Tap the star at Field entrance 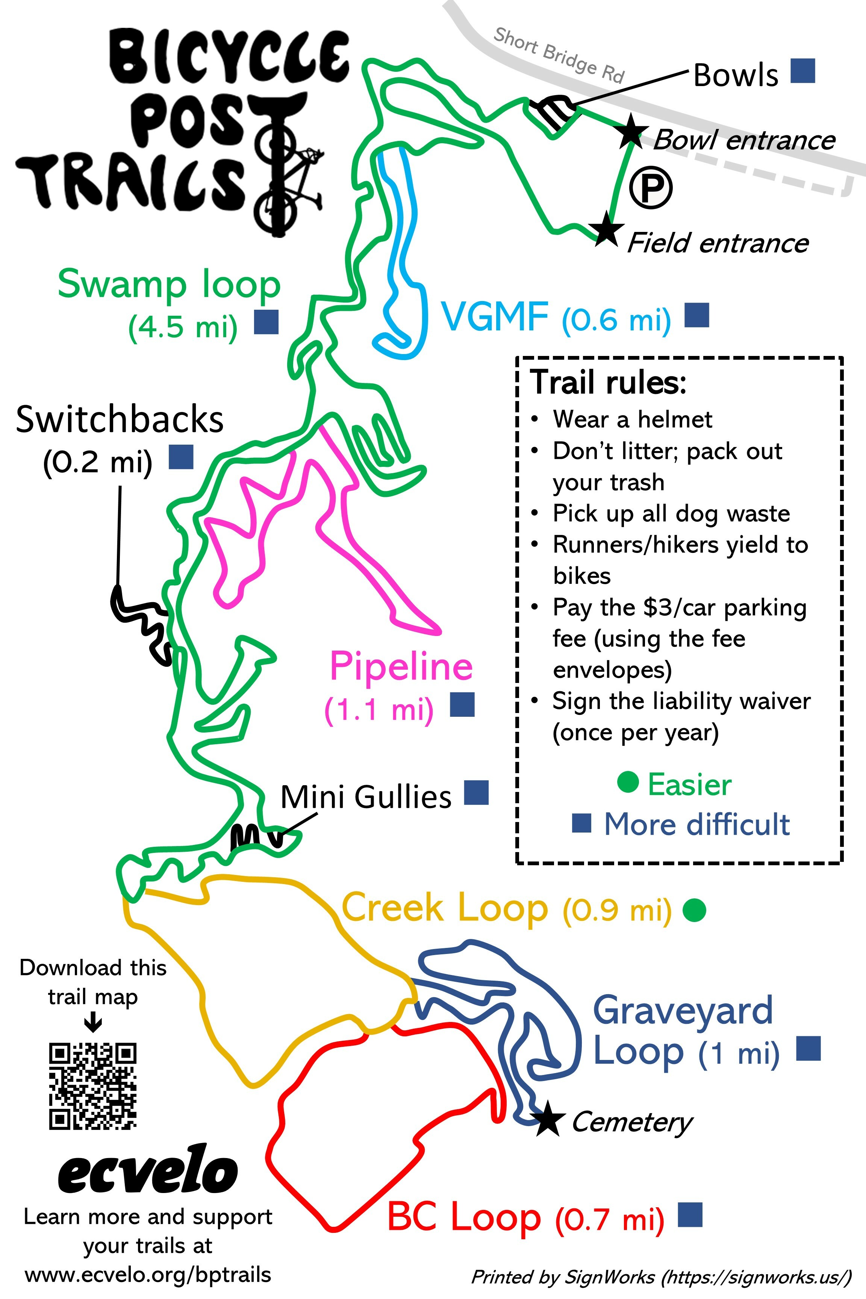tap(606, 229)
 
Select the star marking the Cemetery tap(547, 1119)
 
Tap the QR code tap(93, 1086)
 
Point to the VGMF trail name tap(494, 316)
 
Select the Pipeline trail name tap(401, 666)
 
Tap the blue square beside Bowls tap(802, 71)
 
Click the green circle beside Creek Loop tap(694, 911)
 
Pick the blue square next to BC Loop tap(690, 1214)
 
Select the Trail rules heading tap(607, 382)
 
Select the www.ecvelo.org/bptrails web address tap(148, 1275)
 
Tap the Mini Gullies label tap(366, 797)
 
